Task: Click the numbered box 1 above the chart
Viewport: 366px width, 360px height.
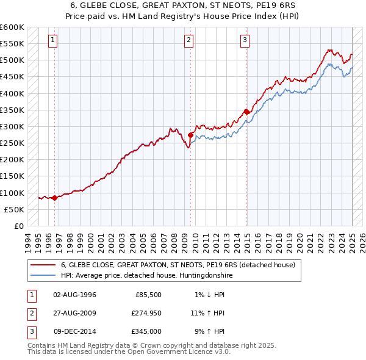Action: pos(54,41)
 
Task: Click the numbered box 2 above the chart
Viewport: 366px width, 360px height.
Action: pos(189,41)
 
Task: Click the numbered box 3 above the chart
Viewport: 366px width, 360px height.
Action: pos(245,41)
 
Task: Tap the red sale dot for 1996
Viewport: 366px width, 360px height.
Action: pos(55,197)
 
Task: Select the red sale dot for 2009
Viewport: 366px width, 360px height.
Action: pos(191,135)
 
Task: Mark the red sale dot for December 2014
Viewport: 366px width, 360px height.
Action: pos(246,112)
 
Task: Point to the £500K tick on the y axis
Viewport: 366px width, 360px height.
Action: pos(12,60)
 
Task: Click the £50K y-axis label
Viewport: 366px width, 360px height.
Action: pos(14,209)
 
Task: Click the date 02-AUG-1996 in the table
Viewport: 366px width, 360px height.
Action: pos(75,295)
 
